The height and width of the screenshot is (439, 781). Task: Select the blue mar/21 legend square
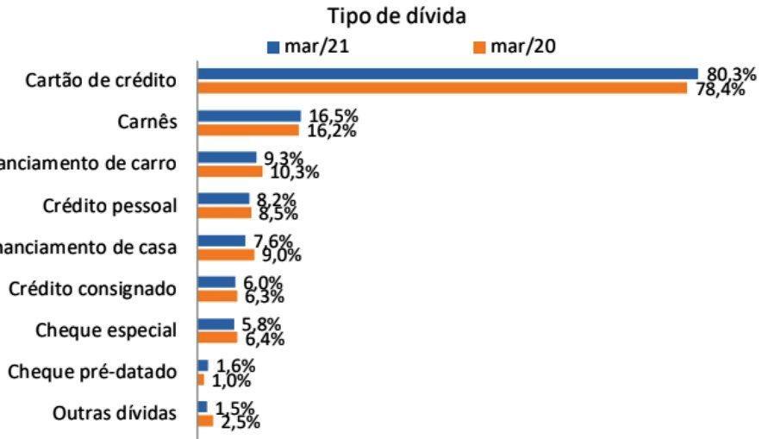(274, 47)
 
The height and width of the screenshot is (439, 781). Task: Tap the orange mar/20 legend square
(480, 47)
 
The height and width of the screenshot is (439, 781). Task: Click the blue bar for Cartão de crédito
(447, 74)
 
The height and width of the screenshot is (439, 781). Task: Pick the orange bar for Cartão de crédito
(442, 88)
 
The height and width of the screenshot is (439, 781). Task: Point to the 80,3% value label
(731, 74)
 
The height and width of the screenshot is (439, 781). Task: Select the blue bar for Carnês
(249, 116)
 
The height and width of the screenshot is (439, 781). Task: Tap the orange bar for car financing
(230, 171)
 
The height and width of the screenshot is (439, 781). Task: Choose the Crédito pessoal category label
(109, 206)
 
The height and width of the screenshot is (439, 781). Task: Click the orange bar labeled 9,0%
(226, 254)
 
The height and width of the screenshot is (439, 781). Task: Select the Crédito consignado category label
(93, 289)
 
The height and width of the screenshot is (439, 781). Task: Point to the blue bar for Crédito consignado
(216, 282)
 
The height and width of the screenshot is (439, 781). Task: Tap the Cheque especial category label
(107, 330)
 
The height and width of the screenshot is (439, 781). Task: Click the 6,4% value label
(266, 337)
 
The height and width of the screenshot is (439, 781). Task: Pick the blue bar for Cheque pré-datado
(203, 365)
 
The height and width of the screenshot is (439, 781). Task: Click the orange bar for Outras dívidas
(205, 420)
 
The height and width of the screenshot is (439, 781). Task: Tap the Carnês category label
(147, 122)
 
